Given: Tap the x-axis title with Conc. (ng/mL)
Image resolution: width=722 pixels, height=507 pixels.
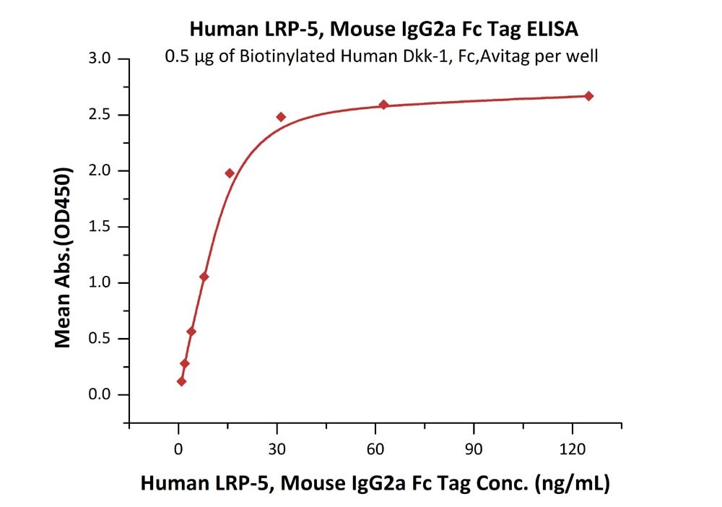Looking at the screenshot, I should pos(375,482).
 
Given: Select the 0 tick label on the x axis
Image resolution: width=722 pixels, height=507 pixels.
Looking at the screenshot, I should pos(178,448).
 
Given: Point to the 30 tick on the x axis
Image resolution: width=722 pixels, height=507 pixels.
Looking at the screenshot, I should pos(277,448).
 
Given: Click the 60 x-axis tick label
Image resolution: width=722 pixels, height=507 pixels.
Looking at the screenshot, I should pos(375,448).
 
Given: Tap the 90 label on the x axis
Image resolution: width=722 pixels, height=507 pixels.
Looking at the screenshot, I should pos(474,448).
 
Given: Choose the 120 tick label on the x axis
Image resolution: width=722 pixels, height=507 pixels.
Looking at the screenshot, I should pos(573,448).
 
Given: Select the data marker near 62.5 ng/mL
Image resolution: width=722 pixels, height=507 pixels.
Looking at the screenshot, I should pos(383,105).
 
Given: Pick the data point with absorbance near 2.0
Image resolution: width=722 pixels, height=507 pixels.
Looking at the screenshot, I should pos(230,173).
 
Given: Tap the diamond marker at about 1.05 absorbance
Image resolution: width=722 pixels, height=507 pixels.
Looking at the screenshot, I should pos(204,277).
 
